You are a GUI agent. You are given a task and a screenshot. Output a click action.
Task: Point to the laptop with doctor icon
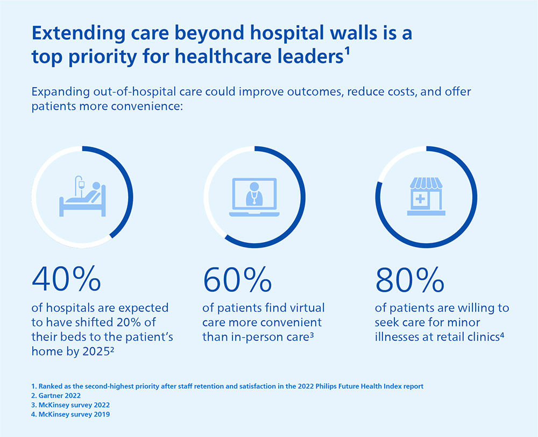point(253,198)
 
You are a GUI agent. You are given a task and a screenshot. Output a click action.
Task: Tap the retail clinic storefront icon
point(424,197)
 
